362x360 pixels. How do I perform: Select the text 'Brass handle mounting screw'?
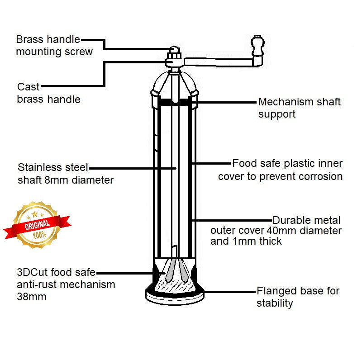pyautogui.click(x=54, y=45)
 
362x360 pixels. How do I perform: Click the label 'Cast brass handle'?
pyautogui.click(x=48, y=93)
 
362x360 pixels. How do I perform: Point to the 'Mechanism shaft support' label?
pyautogui.click(x=299, y=108)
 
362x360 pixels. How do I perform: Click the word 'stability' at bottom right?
pyautogui.click(x=275, y=303)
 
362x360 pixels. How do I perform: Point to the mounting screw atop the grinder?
pyautogui.click(x=175, y=50)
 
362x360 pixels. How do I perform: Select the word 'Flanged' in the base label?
pyautogui.click(x=276, y=291)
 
